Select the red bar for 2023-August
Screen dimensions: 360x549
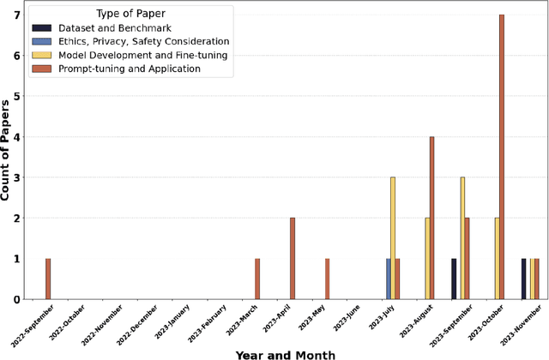(x=431, y=218)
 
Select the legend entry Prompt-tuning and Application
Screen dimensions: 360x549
(x=129, y=69)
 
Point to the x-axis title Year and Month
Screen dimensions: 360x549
(x=286, y=353)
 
